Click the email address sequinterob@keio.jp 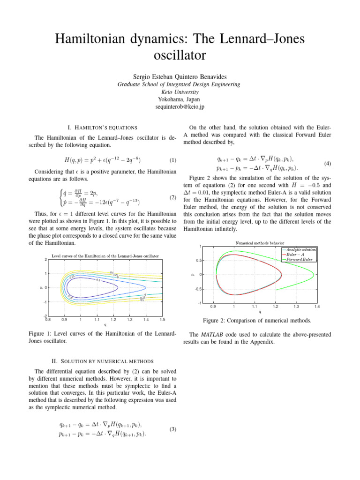point(180,107)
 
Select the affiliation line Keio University point(180,92)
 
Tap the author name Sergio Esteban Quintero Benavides point(180,76)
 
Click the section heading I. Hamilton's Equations point(103,127)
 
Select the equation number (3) point(173,429)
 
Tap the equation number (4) point(328,164)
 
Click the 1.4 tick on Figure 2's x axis point(317,307)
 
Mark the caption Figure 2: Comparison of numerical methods point(257,321)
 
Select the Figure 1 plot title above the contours point(105,256)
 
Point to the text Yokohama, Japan point(180,99)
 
